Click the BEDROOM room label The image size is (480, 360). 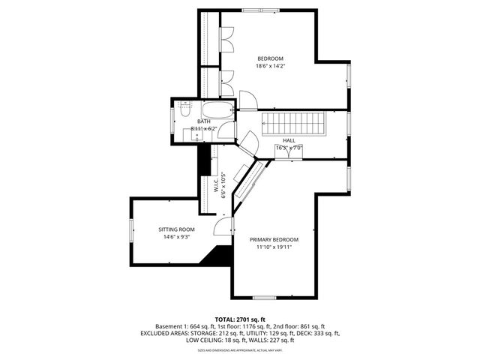tap(271, 58)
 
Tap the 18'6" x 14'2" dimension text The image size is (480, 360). tap(271, 66)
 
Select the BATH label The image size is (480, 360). tap(204, 121)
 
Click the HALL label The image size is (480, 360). tap(289, 140)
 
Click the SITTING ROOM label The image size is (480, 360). tap(176, 229)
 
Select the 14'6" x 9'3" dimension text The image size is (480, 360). tap(176, 237)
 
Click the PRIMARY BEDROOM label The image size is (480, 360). tap(274, 239)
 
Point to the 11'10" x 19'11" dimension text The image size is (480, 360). tap(274, 247)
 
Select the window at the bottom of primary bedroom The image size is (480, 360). tap(281, 296)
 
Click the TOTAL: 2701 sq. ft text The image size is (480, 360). tap(240, 319)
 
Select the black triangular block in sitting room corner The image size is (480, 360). tap(221, 256)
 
